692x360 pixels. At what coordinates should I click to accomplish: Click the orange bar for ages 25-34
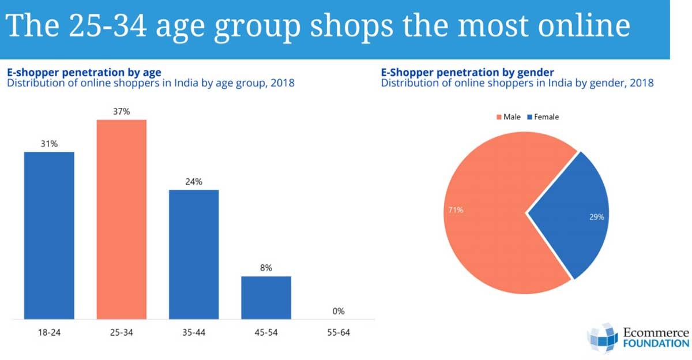click(x=121, y=219)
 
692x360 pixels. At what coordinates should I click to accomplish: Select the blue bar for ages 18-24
click(x=49, y=235)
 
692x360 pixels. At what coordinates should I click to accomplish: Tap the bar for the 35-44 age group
click(x=194, y=254)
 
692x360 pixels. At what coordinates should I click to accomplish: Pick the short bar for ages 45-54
click(x=266, y=297)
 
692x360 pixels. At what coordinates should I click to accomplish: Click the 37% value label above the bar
click(x=121, y=111)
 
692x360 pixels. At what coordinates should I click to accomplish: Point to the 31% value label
click(x=49, y=144)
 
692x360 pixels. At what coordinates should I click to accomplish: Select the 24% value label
click(x=194, y=181)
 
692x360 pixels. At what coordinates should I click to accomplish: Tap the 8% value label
click(x=266, y=268)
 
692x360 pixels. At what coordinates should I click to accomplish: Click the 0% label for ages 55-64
click(x=339, y=311)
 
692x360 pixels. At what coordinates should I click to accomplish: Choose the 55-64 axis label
click(x=339, y=333)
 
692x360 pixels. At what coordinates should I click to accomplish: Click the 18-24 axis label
click(x=49, y=333)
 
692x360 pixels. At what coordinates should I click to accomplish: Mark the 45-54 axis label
click(x=266, y=333)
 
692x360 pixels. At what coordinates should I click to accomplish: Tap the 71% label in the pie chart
click(x=456, y=210)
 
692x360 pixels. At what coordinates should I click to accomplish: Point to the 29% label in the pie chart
click(x=596, y=217)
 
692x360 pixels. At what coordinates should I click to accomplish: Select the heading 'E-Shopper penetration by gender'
click(x=467, y=73)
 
